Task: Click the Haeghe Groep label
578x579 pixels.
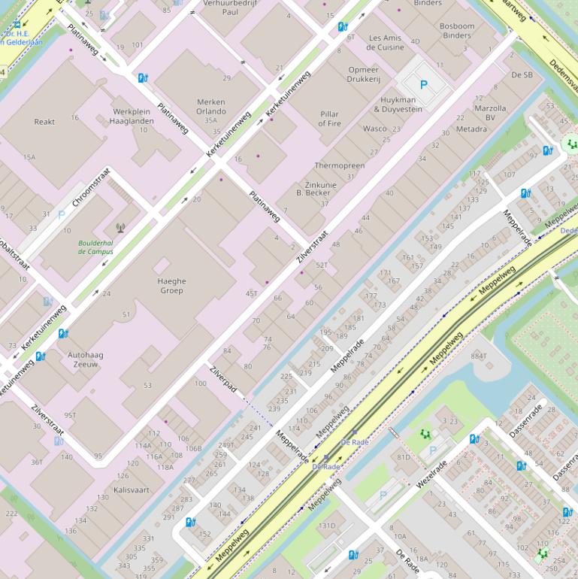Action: pos(171,286)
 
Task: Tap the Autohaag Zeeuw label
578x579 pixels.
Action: pos(85,359)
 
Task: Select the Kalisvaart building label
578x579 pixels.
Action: pos(132,490)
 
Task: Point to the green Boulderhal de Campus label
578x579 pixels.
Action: pos(95,247)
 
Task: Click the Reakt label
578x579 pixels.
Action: pos(44,122)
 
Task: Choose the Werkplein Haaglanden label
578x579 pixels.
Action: pos(132,116)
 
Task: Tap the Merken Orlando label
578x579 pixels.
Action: pos(210,107)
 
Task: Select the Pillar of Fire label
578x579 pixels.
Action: pos(329,119)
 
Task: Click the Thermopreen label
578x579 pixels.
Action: pos(339,165)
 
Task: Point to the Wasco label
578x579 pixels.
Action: pos(374,129)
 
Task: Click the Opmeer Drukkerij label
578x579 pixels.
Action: pos(364,74)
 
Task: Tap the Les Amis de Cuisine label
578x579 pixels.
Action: pos(385,43)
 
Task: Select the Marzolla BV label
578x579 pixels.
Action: pos(490,113)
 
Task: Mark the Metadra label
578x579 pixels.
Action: pos(471,129)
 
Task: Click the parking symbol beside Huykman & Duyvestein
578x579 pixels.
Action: pos(423,86)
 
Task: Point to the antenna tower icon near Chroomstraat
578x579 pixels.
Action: pos(120,227)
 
